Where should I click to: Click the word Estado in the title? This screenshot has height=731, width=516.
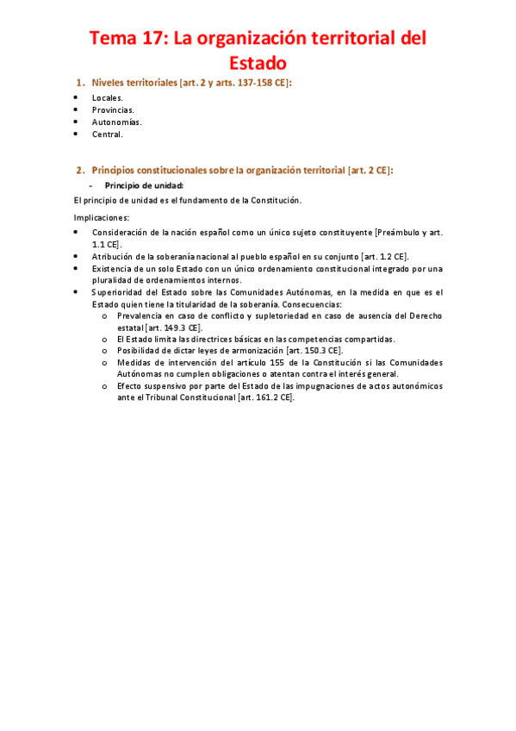(x=258, y=63)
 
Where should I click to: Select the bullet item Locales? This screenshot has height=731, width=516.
(x=108, y=97)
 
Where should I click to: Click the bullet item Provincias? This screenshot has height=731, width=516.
(x=113, y=109)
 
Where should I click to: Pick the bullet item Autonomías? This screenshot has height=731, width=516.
(x=116, y=122)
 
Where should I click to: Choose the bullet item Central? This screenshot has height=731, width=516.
(x=108, y=134)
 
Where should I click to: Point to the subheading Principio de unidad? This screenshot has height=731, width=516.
(x=144, y=185)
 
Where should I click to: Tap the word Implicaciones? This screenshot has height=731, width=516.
(x=102, y=217)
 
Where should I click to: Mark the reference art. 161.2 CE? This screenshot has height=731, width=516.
(x=266, y=397)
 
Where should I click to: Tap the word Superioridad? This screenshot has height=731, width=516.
(x=117, y=292)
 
